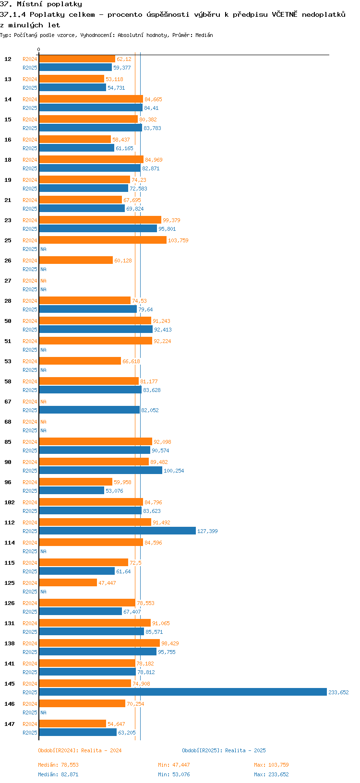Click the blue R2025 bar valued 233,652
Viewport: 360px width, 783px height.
[x=182, y=692]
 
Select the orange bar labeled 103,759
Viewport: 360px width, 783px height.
[x=103, y=240]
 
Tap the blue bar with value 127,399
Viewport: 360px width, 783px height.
[x=117, y=531]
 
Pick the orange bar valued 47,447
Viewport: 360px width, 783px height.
[x=68, y=582]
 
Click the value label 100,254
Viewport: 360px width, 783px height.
[x=174, y=471]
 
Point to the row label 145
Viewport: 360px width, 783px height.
[x=10, y=684]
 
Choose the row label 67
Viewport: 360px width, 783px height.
[x=8, y=402]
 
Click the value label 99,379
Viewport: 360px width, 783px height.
[x=171, y=220]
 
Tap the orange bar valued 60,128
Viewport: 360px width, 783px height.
[x=76, y=260]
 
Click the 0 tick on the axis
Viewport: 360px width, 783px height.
[x=39, y=49]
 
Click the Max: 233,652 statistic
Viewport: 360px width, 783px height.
[x=271, y=774]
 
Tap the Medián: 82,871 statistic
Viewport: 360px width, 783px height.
[x=58, y=774]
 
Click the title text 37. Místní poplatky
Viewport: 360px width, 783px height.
[x=41, y=4]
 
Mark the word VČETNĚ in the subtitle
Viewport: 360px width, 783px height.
[x=285, y=14]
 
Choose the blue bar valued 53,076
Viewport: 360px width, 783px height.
[x=72, y=490]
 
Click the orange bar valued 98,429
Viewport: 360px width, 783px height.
[x=99, y=643]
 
